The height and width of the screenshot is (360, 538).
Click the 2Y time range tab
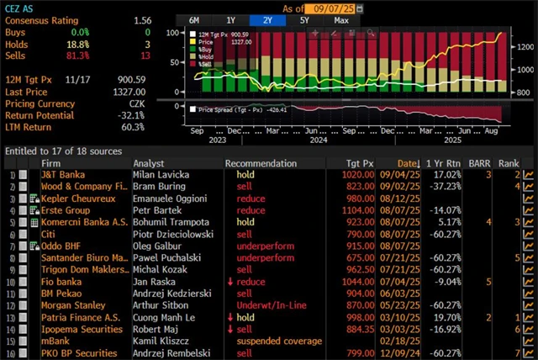tap(267, 19)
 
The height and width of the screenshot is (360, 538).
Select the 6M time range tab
tap(194, 19)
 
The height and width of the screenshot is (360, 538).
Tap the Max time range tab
tap(340, 19)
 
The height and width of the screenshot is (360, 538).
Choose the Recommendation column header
tap(261, 163)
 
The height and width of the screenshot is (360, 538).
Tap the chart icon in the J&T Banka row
tap(529, 174)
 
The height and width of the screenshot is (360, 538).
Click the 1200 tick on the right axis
tap(523, 48)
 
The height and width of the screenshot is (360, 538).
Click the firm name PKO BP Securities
tap(80, 352)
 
